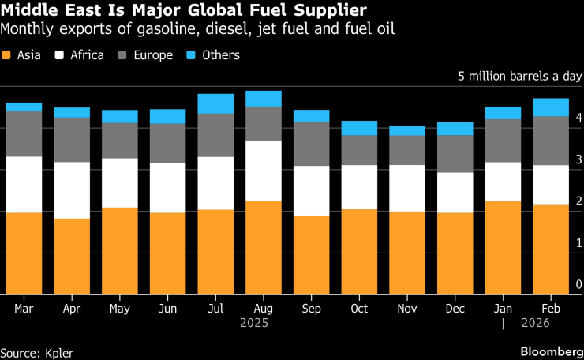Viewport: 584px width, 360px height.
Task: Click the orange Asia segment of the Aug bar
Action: pos(263,247)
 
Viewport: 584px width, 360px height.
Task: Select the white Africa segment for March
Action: pos(24,184)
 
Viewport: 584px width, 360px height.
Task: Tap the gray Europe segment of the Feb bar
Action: pos(551,141)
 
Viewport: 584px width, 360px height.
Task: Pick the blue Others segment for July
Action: pos(215,103)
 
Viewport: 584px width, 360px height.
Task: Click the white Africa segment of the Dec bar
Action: pos(455,192)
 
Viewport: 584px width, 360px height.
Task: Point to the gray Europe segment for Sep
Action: pos(311,144)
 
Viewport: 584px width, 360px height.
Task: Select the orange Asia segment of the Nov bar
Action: pos(406,253)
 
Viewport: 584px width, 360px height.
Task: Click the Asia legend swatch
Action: pos(7,55)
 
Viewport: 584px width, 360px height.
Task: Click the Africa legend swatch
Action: pos(59,55)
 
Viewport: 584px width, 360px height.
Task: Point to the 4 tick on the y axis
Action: pos(578,118)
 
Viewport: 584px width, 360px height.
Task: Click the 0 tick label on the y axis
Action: pos(578,285)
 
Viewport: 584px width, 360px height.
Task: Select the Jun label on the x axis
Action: pos(167,309)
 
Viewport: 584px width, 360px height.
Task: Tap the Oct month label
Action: pos(358,309)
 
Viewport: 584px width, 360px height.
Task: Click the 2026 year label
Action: pos(535,323)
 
